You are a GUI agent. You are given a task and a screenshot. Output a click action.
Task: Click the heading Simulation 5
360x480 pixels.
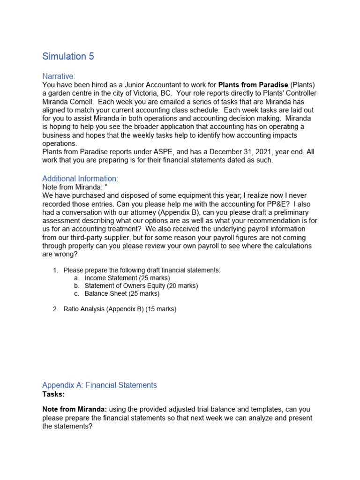pyautogui.click(x=68, y=56)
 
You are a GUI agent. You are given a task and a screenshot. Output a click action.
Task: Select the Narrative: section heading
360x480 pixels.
pyautogui.click(x=59, y=76)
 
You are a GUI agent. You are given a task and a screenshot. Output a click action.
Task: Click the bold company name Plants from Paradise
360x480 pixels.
pyautogui.click(x=253, y=85)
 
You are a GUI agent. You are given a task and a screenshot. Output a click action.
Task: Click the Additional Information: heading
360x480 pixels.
pyautogui.click(x=80, y=179)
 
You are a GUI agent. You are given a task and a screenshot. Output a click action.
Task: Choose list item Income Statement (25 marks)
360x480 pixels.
pyautogui.click(x=127, y=278)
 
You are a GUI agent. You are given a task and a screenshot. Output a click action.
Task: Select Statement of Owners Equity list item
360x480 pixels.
pyautogui.click(x=141, y=286)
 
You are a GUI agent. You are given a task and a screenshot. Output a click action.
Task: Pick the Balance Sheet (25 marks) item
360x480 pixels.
pyautogui.click(x=122, y=294)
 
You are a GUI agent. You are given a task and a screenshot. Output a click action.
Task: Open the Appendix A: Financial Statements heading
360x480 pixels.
pyautogui.click(x=99, y=385)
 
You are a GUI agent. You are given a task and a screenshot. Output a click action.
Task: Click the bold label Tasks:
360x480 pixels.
pyautogui.click(x=53, y=394)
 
